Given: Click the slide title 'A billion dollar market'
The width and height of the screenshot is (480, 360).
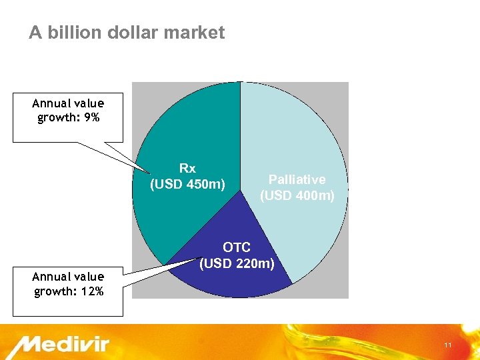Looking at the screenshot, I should [x=127, y=33].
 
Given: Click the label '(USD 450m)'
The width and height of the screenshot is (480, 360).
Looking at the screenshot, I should [x=187, y=184].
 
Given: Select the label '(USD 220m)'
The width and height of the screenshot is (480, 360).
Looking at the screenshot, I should [x=237, y=263].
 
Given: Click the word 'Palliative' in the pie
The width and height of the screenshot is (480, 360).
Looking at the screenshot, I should [x=297, y=179].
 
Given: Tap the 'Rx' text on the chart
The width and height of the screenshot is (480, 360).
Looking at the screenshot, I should [x=187, y=168].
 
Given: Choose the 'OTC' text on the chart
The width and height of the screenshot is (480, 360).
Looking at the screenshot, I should [x=237, y=248].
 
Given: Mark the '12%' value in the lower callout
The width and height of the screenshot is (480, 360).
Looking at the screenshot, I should [x=91, y=291].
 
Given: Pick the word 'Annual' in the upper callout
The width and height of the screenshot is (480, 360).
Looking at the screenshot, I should [x=51, y=103].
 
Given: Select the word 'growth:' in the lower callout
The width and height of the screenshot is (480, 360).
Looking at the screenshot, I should [x=54, y=291].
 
